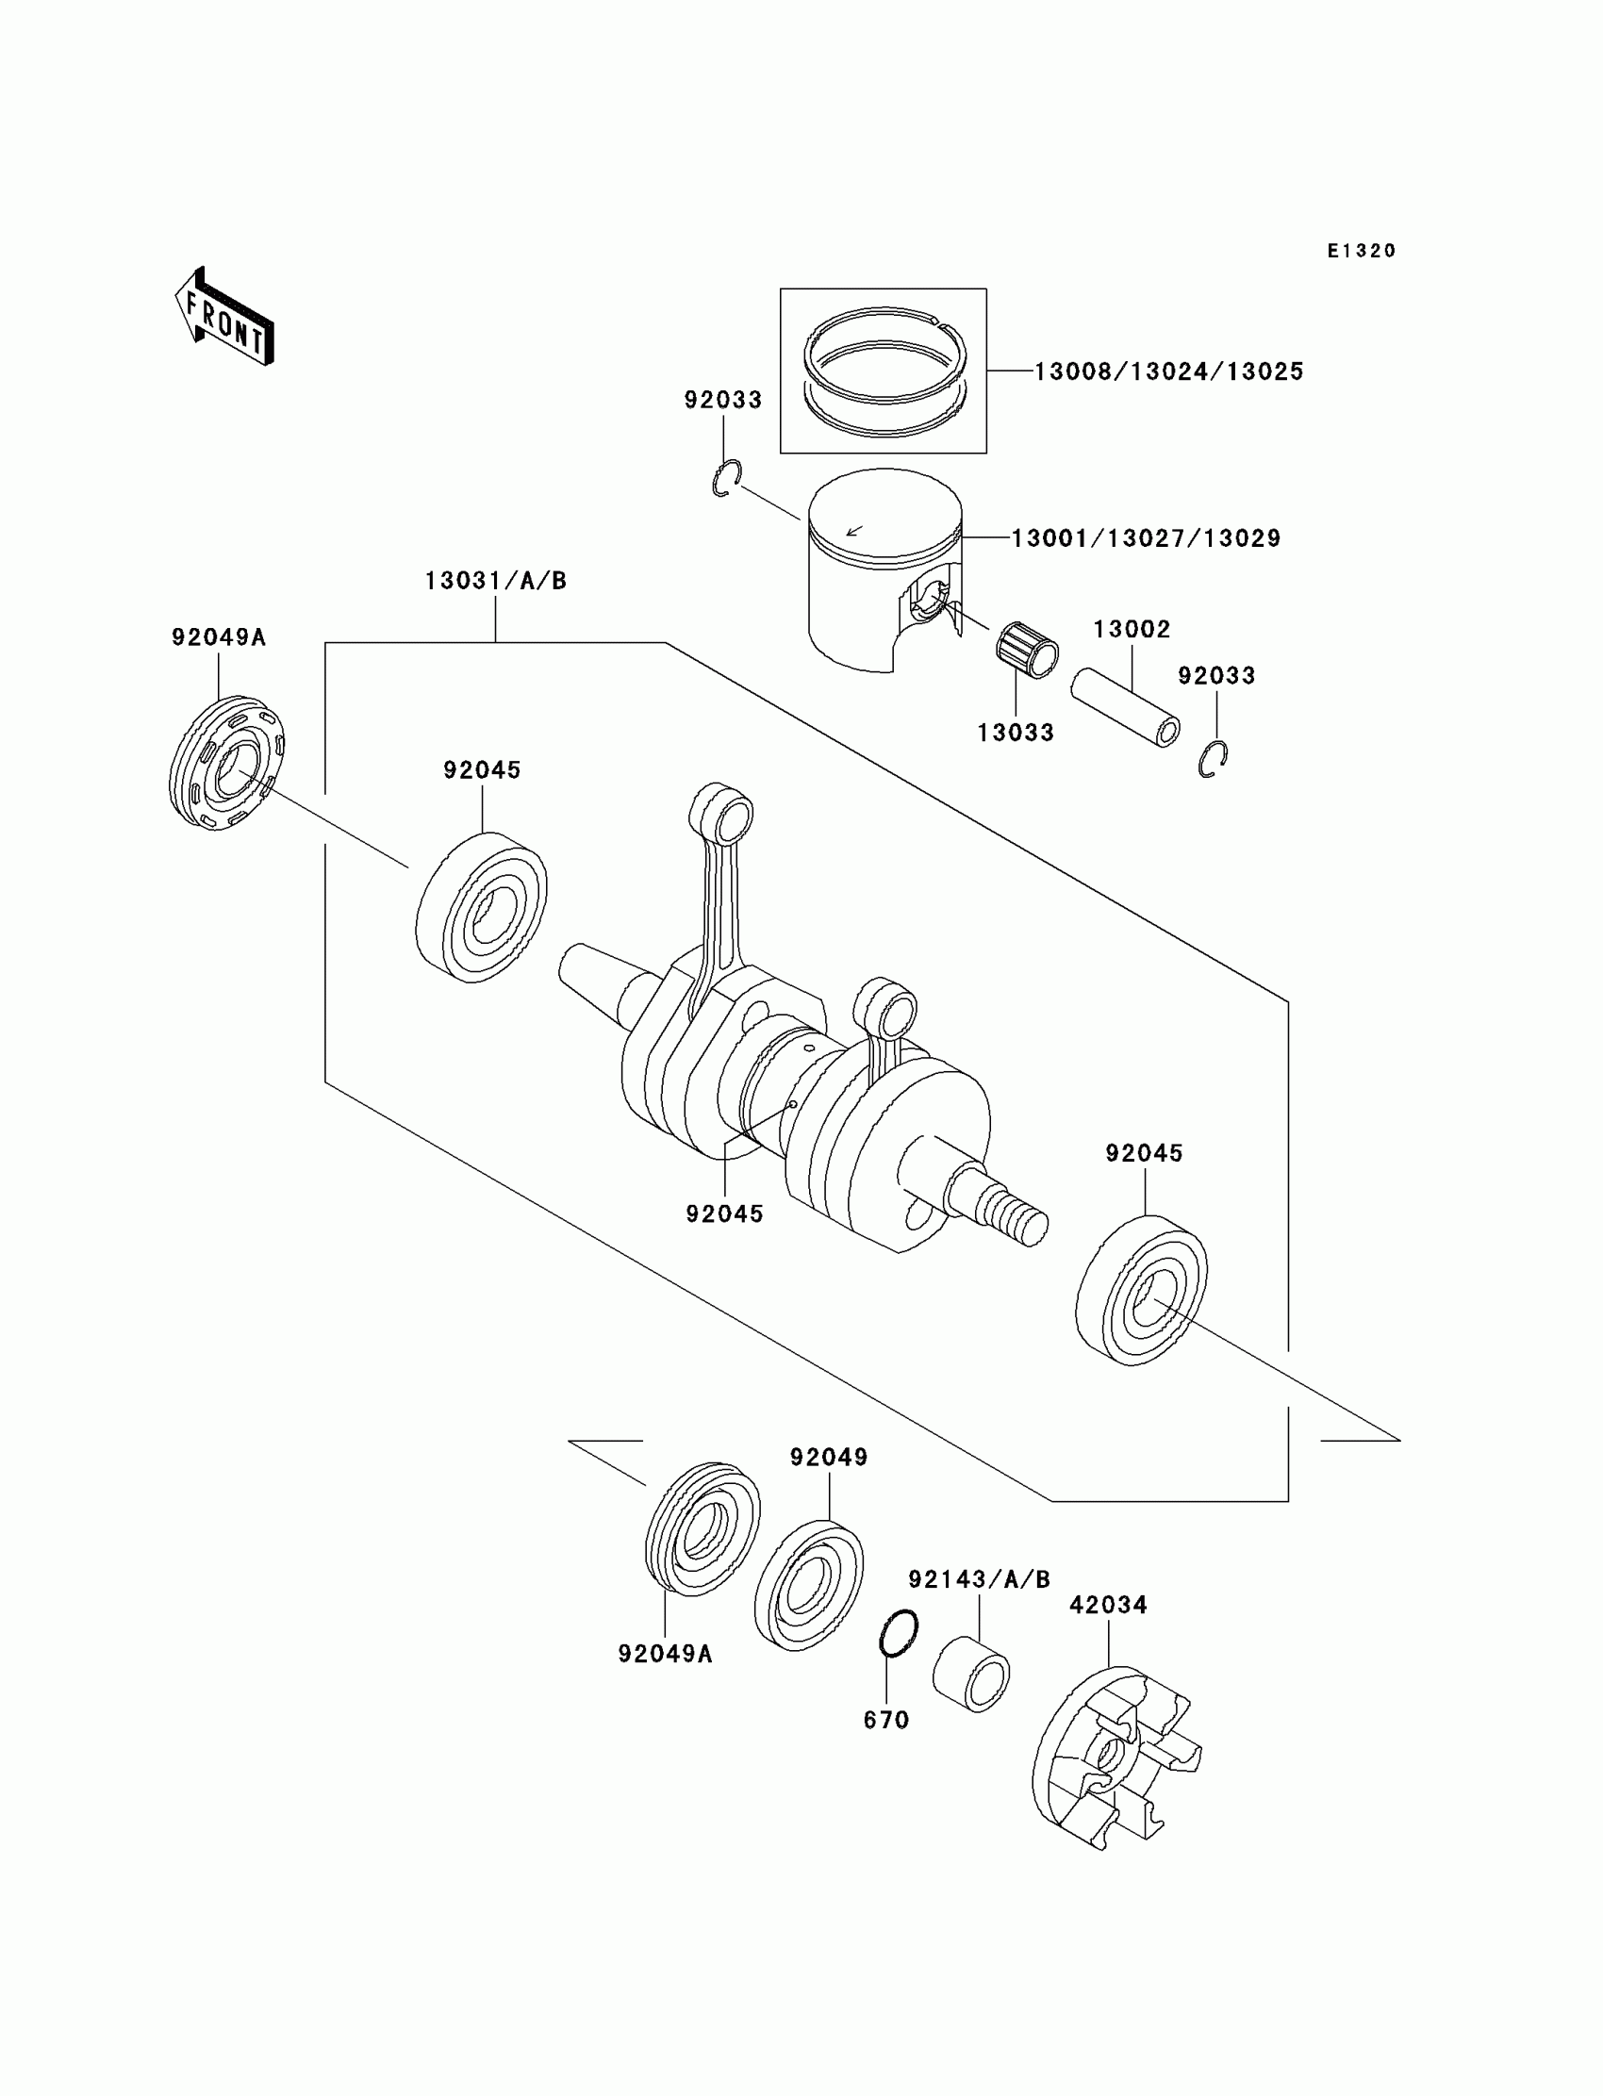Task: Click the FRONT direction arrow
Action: pyautogui.click(x=225, y=317)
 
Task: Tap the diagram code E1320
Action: pyautogui.click(x=1362, y=251)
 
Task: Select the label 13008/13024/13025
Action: pyautogui.click(x=1169, y=372)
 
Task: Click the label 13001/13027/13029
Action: pyautogui.click(x=1145, y=539)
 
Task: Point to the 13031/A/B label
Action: pyautogui.click(x=495, y=581)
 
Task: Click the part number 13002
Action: pyautogui.click(x=1132, y=630)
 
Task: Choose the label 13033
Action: pyautogui.click(x=1016, y=733)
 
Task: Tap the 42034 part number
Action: pyautogui.click(x=1108, y=1605)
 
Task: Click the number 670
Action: pyautogui.click(x=886, y=1719)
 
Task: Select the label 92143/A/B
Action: pyautogui.click(x=979, y=1580)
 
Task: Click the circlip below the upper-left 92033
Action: pyautogui.click(x=727, y=478)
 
